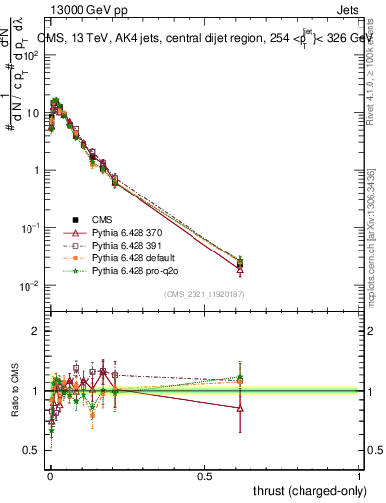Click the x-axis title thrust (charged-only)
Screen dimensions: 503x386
[x=307, y=489]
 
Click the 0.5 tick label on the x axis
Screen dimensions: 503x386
[x=205, y=475]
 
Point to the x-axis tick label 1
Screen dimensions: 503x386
[x=360, y=475]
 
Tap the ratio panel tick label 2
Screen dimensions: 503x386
[x=35, y=332]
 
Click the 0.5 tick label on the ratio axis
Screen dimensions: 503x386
[x=30, y=450]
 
